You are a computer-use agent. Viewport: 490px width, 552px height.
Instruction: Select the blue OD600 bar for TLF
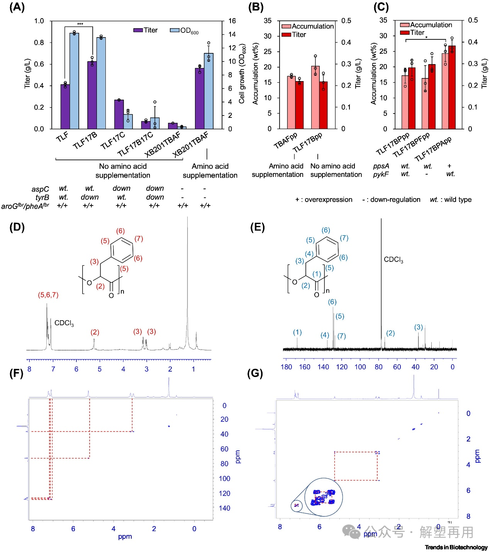pyautogui.click(x=74, y=81)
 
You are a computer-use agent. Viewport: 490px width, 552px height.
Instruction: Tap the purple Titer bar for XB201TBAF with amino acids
pyautogui.click(x=200, y=99)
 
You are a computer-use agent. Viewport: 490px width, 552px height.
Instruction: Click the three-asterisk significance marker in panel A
pyautogui.click(x=80, y=24)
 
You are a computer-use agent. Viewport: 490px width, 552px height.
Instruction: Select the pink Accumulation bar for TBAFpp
pyautogui.click(x=292, y=102)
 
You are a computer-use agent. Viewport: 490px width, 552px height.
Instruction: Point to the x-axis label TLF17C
pyautogui.click(x=113, y=141)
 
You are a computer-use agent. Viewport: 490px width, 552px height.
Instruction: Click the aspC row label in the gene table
pyautogui.click(x=40, y=189)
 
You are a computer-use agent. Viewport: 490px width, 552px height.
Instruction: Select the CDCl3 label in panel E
pyautogui.click(x=393, y=260)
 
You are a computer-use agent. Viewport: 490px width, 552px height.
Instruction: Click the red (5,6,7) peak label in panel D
pyautogui.click(x=48, y=295)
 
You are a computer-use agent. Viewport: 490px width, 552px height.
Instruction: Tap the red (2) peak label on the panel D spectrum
pyautogui.click(x=95, y=332)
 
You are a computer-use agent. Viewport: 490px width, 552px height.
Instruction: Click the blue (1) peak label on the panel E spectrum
pyautogui.click(x=297, y=332)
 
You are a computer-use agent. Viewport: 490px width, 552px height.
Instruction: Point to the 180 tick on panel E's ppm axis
pyautogui.click(x=286, y=367)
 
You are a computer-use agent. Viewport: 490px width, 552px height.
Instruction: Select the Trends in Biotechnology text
pyautogui.click(x=456, y=547)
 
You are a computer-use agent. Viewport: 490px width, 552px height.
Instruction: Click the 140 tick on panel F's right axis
pyautogui.click(x=224, y=508)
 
